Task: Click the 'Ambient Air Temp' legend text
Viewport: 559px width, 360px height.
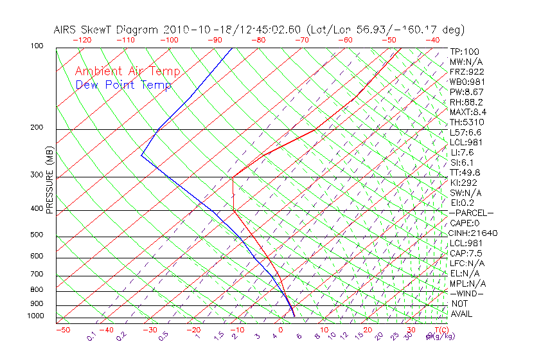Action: coord(128,72)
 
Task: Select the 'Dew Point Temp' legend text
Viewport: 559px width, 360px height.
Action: coord(123,85)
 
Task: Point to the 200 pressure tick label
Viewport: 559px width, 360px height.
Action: coord(37,128)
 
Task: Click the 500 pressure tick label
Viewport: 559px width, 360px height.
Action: coord(37,235)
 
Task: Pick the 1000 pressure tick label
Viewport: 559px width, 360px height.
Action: coord(35,316)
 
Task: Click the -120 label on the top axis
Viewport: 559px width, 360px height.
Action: coord(82,40)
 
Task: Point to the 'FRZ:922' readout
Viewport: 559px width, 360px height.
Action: coord(467,72)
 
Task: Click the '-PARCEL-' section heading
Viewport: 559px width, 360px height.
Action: coord(471,213)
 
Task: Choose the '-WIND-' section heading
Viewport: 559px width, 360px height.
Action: coord(467,293)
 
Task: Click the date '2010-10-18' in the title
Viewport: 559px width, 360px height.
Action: coord(191,30)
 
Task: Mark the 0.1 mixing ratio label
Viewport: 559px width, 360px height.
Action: coord(91,336)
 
